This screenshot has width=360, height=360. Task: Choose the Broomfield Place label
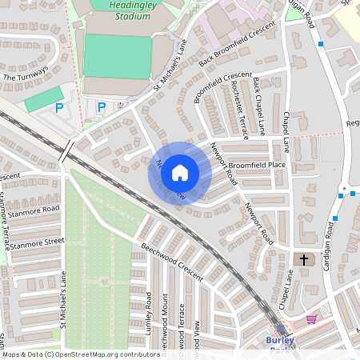[x=257, y=165]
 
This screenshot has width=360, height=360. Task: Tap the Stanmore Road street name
[x=30, y=211]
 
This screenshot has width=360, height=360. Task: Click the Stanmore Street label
[x=32, y=241]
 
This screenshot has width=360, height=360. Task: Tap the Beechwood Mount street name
[x=163, y=328]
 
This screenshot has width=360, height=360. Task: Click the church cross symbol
[x=303, y=260]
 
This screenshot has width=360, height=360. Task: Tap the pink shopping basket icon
[x=310, y=318]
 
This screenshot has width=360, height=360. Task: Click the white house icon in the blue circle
[x=180, y=172]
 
